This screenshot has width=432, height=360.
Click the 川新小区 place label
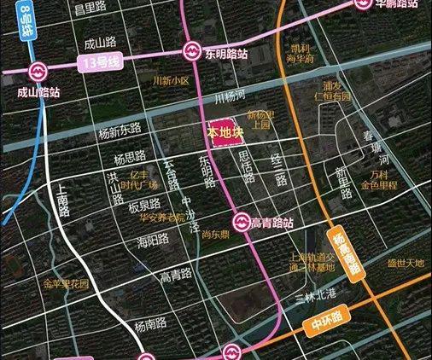[169, 81]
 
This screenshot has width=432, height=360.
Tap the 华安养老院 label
[161, 218]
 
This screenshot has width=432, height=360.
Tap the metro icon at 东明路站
[192, 51]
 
